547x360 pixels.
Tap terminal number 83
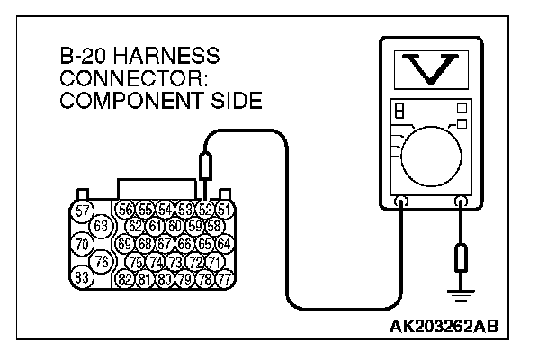pyautogui.click(x=82, y=278)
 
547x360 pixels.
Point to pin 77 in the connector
pyautogui.click(x=224, y=279)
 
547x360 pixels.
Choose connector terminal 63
pyautogui.click(x=101, y=225)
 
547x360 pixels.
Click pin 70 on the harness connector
pyautogui.click(x=82, y=244)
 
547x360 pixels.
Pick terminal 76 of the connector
pyautogui.click(x=101, y=261)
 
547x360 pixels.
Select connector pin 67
pyautogui.click(x=165, y=244)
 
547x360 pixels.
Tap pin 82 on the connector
pyautogui.click(x=126, y=279)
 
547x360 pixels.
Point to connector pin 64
pyautogui.click(x=224, y=244)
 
